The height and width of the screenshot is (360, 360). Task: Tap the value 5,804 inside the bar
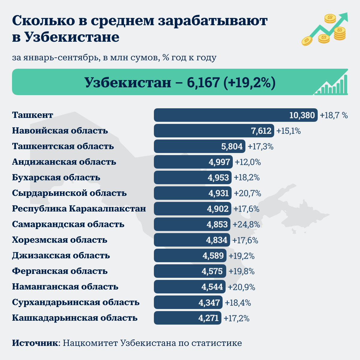tap(232, 146)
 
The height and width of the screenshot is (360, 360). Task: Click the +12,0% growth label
tap(248, 162)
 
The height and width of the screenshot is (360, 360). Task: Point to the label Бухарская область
tap(56, 178)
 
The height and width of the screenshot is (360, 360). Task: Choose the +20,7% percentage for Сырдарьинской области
tap(247, 193)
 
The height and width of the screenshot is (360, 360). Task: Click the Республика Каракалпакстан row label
tap(79, 209)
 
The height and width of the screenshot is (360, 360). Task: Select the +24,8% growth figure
tap(246, 225)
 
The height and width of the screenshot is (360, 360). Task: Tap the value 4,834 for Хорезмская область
tap(217, 240)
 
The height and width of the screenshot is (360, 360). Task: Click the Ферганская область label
tap(60, 271)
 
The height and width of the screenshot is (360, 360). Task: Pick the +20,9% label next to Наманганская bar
tap(241, 287)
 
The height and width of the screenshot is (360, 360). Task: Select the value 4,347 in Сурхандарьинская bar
tap(209, 303)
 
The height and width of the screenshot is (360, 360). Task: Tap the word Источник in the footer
tap(35, 343)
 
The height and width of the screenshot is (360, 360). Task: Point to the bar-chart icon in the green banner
tap(331, 85)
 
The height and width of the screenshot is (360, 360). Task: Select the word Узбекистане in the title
tap(72, 37)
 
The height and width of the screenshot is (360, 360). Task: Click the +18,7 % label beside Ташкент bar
tap(334, 115)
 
